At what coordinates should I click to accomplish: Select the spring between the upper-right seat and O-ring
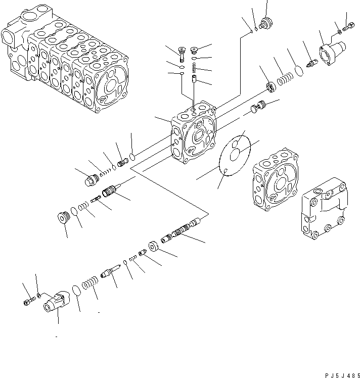(286, 79)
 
